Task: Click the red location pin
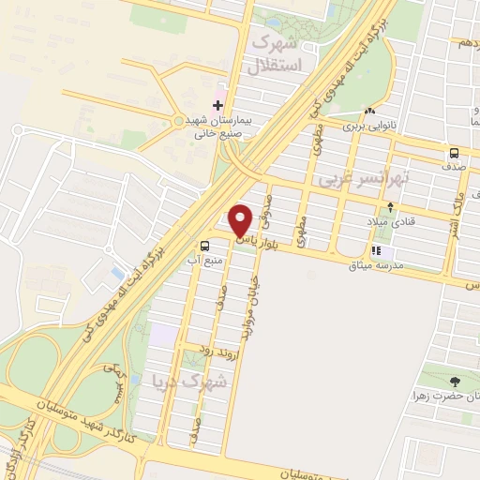tap(240, 220)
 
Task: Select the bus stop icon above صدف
tap(454, 153)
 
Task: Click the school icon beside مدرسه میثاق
tap(377, 251)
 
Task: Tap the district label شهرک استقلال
tap(277, 53)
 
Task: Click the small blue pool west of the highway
tap(116, 272)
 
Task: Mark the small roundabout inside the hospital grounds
tap(179, 120)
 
